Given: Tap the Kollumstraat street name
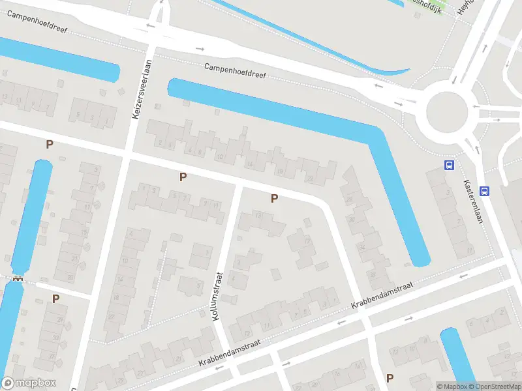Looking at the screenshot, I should pyautogui.click(x=218, y=296).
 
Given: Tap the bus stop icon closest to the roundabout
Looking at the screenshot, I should pyautogui.click(x=449, y=165).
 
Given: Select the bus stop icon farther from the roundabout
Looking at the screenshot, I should pyautogui.click(x=484, y=191).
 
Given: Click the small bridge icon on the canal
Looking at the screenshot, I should pyautogui.click(x=17, y=278).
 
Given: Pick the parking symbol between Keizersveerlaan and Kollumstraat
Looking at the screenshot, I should pyautogui.click(x=183, y=176).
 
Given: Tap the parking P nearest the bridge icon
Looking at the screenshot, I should pyautogui.click(x=55, y=298).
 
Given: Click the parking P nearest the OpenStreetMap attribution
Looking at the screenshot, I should pyautogui.click(x=390, y=377).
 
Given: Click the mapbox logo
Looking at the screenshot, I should pyautogui.click(x=29, y=383).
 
